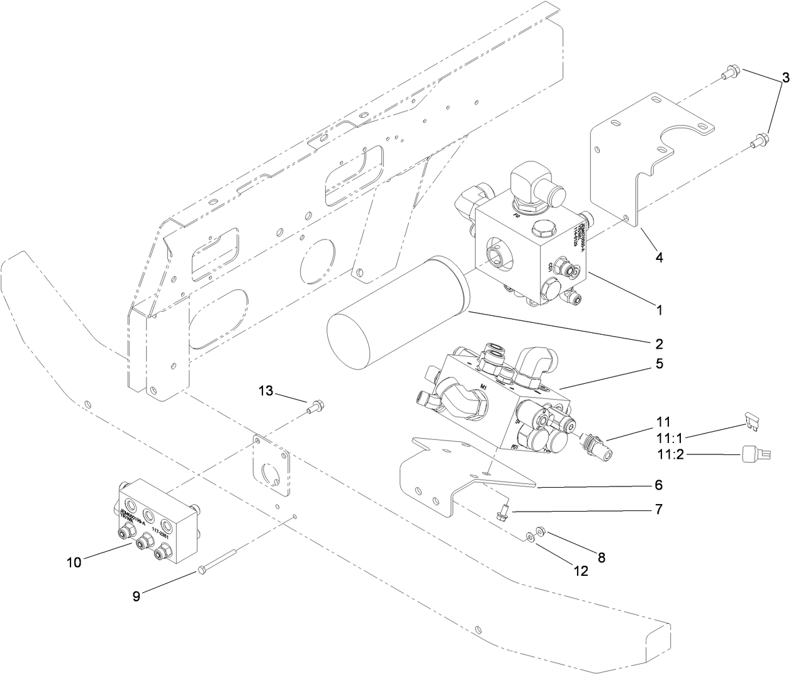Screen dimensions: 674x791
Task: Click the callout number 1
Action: tap(659, 310)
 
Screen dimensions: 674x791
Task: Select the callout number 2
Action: tap(659, 344)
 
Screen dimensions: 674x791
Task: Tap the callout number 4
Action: tap(659, 257)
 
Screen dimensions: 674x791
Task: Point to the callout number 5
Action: tap(659, 364)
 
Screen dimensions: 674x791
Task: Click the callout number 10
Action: tap(74, 562)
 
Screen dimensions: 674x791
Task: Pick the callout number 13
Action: tap(266, 391)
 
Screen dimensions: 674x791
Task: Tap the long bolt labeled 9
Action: tap(217, 562)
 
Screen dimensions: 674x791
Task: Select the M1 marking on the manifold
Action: tap(484, 386)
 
